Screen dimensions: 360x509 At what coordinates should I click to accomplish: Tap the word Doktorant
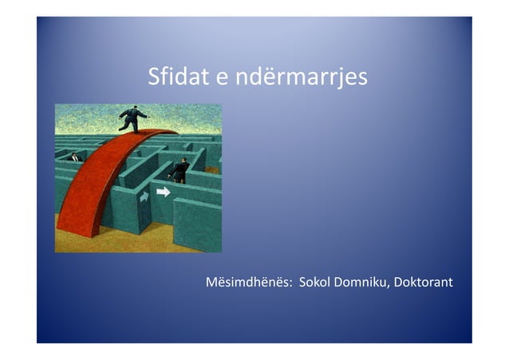coord(425,283)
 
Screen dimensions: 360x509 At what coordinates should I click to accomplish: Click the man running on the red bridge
coord(132,118)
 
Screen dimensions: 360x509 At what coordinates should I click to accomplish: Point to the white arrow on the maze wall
coord(164,192)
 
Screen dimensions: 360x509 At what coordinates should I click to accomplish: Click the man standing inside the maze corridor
coord(181,169)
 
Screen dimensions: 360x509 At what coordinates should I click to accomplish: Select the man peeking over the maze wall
coord(75,157)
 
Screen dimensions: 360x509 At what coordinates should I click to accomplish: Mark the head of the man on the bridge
coord(135,108)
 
